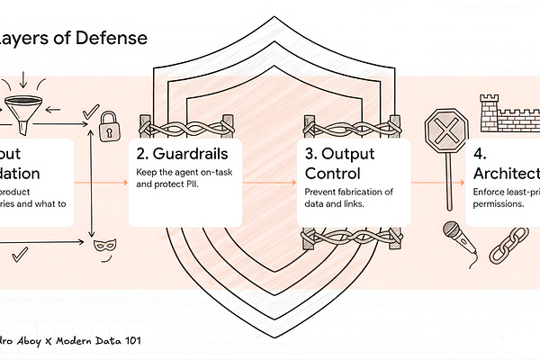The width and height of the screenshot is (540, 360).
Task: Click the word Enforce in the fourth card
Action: pyautogui.click(x=490, y=193)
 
